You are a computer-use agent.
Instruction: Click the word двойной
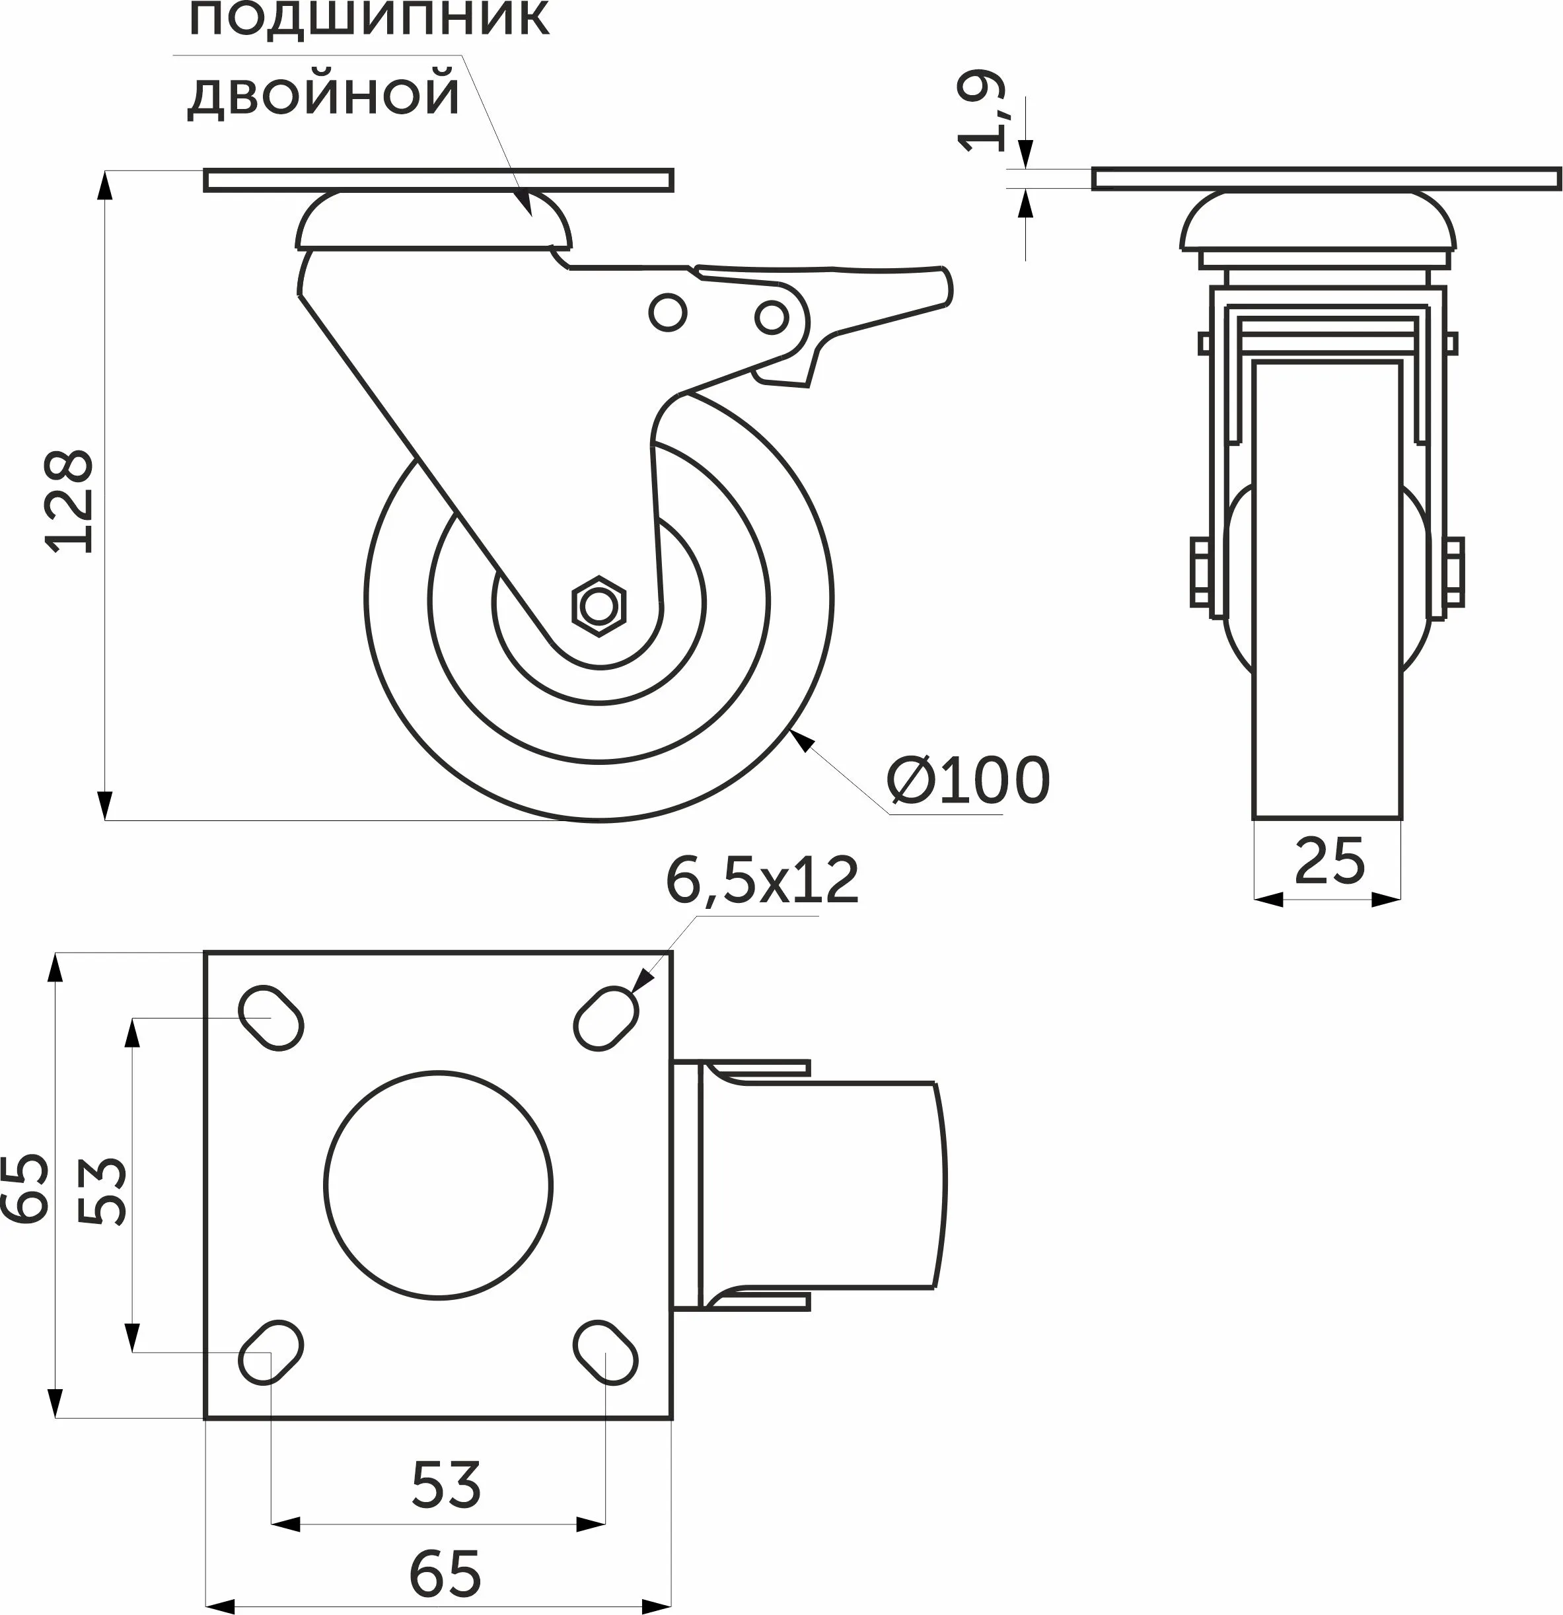(x=324, y=94)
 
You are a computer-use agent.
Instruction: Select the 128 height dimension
(x=70, y=501)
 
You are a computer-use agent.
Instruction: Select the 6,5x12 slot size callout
(x=762, y=881)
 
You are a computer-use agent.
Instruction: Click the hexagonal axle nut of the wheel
(x=599, y=606)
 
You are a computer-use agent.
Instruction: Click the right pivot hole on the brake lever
(x=771, y=316)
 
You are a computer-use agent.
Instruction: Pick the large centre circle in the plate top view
(x=439, y=1185)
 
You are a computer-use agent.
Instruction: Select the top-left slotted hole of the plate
(x=271, y=1018)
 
